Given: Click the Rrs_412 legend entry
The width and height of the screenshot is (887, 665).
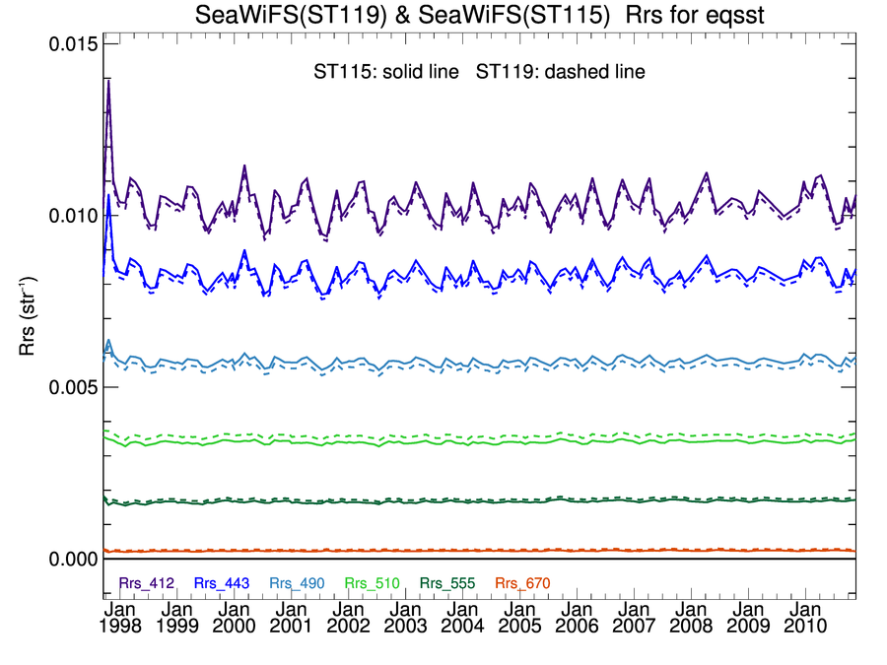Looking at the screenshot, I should [x=147, y=583].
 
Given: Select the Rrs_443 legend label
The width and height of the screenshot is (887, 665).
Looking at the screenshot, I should [x=219, y=583].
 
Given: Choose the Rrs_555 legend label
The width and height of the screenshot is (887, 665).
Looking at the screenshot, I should [x=445, y=583].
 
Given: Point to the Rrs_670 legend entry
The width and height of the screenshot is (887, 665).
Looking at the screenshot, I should [x=519, y=583].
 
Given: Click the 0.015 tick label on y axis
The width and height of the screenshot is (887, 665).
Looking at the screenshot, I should [x=73, y=45].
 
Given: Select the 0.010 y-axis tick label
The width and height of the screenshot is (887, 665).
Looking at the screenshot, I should [x=73, y=217].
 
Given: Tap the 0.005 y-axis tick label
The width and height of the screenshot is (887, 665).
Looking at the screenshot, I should [x=73, y=388].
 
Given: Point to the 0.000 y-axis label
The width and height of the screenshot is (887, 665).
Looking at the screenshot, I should [x=73, y=559].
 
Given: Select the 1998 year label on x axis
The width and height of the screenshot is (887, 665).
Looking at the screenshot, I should [x=119, y=625].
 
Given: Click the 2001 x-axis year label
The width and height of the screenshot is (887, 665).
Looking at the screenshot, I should [x=292, y=625].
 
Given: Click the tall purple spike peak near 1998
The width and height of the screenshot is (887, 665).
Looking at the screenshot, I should [x=108, y=81].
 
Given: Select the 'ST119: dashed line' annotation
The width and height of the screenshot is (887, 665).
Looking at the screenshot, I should [x=560, y=72].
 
